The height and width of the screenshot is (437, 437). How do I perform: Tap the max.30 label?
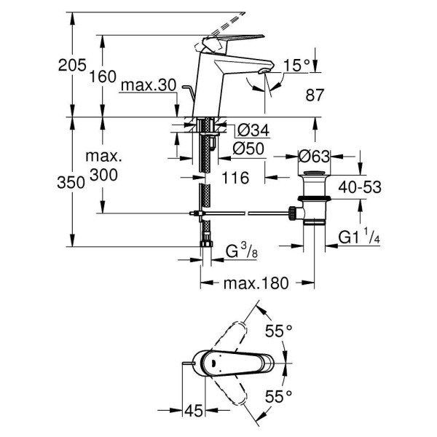(149, 86)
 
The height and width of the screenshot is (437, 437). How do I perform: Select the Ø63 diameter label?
(315, 155)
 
